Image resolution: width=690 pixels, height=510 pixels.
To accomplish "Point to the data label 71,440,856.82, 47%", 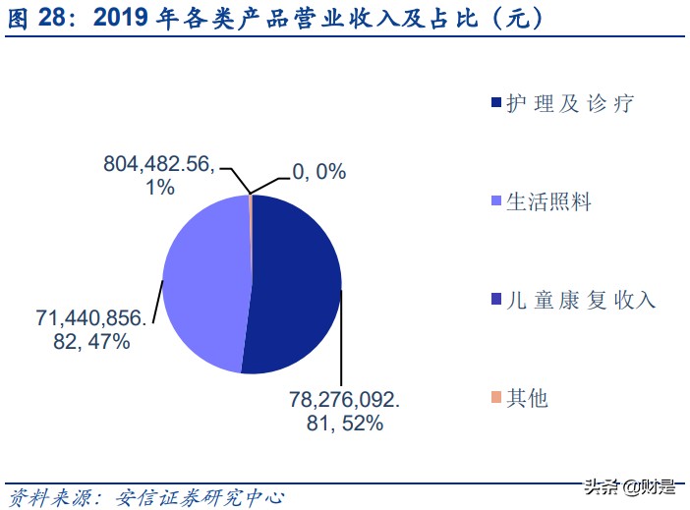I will click(83, 329).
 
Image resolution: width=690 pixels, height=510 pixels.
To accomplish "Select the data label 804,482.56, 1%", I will click(158, 176).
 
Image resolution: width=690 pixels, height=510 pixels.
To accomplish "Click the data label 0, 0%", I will click(318, 172).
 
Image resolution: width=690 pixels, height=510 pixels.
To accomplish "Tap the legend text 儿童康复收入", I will click(580, 300).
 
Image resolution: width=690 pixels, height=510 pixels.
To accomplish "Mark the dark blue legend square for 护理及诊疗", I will click(494, 103).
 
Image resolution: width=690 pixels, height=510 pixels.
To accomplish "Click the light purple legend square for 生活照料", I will click(494, 201).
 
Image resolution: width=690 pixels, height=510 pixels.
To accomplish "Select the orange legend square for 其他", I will click(494, 398).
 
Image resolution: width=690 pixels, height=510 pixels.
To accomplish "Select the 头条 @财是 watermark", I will click(629, 486).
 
